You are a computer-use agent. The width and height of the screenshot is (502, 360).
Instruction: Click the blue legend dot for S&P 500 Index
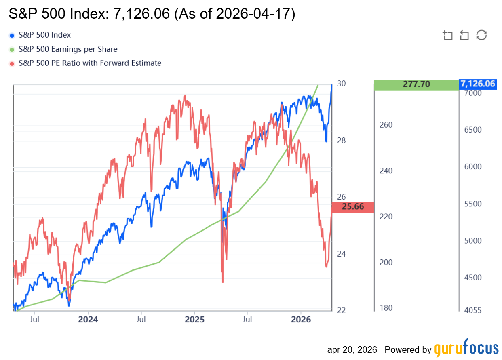point(11,36)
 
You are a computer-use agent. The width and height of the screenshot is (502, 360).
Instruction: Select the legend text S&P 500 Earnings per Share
point(68,49)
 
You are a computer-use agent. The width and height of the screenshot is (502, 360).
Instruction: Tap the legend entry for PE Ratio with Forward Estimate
point(90,63)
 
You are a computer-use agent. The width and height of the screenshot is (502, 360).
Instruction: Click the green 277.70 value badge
point(416,84)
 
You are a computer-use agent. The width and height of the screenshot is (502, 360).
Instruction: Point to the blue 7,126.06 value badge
point(477,84)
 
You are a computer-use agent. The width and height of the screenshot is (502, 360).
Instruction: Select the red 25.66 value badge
point(352,207)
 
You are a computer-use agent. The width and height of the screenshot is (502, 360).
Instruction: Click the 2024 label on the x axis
point(88,320)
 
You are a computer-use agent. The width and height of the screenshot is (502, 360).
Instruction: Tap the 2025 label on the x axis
point(194,320)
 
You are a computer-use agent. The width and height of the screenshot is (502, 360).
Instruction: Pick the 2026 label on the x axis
point(301,320)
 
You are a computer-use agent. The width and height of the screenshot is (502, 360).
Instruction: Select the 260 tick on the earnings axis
point(386,125)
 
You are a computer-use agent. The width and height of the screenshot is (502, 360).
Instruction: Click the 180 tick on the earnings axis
point(386,308)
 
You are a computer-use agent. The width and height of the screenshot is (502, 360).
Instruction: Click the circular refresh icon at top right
point(481,35)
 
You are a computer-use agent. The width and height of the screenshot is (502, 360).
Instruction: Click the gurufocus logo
point(466,348)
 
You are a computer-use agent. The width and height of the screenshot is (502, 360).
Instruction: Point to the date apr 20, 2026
point(352,349)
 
